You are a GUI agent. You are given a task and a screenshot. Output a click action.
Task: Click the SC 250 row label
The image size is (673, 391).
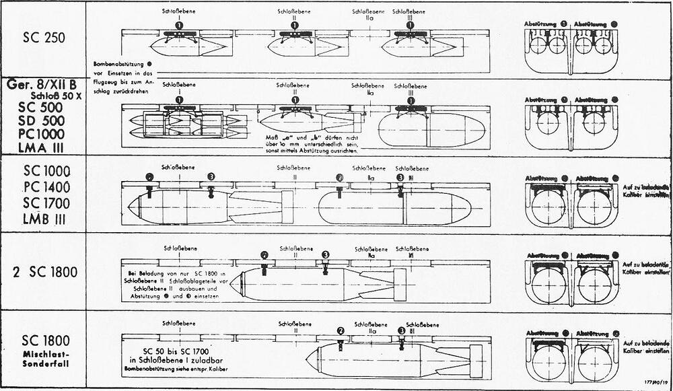point(43,38)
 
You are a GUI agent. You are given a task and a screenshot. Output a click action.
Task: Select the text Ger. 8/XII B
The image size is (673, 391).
point(42,85)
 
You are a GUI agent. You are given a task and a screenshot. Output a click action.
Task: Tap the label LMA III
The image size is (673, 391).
point(43,147)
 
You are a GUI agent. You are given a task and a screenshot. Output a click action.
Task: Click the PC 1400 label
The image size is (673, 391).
point(43,186)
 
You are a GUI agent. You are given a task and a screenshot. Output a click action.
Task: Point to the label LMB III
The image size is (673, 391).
point(43,216)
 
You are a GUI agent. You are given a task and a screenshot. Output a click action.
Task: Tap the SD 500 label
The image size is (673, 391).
point(43,122)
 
